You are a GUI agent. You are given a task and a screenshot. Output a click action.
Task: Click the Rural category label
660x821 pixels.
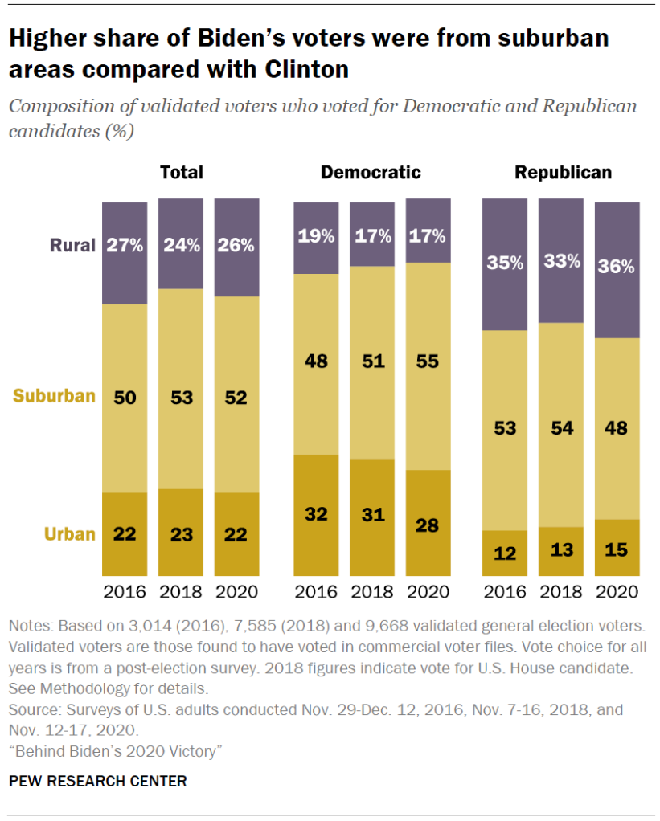73,246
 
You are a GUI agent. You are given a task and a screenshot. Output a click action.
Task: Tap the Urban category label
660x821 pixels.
70,534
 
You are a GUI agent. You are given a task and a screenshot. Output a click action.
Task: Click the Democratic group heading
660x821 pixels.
371,173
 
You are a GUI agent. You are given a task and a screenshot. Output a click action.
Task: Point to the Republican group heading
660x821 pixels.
563,173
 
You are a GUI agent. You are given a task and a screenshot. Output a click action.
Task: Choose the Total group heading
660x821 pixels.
181,173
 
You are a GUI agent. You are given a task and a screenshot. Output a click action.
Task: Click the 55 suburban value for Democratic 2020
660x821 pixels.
428,361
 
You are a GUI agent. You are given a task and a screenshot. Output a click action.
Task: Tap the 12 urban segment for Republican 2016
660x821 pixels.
504,553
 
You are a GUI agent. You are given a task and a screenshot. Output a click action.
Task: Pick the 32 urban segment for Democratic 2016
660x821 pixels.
315,514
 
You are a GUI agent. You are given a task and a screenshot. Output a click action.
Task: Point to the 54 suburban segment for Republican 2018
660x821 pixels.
560,427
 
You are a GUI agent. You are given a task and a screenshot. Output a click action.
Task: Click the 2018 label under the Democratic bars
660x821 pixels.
371,592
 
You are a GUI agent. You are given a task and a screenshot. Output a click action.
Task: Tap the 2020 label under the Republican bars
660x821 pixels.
617,592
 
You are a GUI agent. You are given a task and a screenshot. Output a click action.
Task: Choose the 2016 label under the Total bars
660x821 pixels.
125,592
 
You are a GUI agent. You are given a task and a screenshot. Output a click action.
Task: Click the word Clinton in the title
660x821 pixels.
306,70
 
